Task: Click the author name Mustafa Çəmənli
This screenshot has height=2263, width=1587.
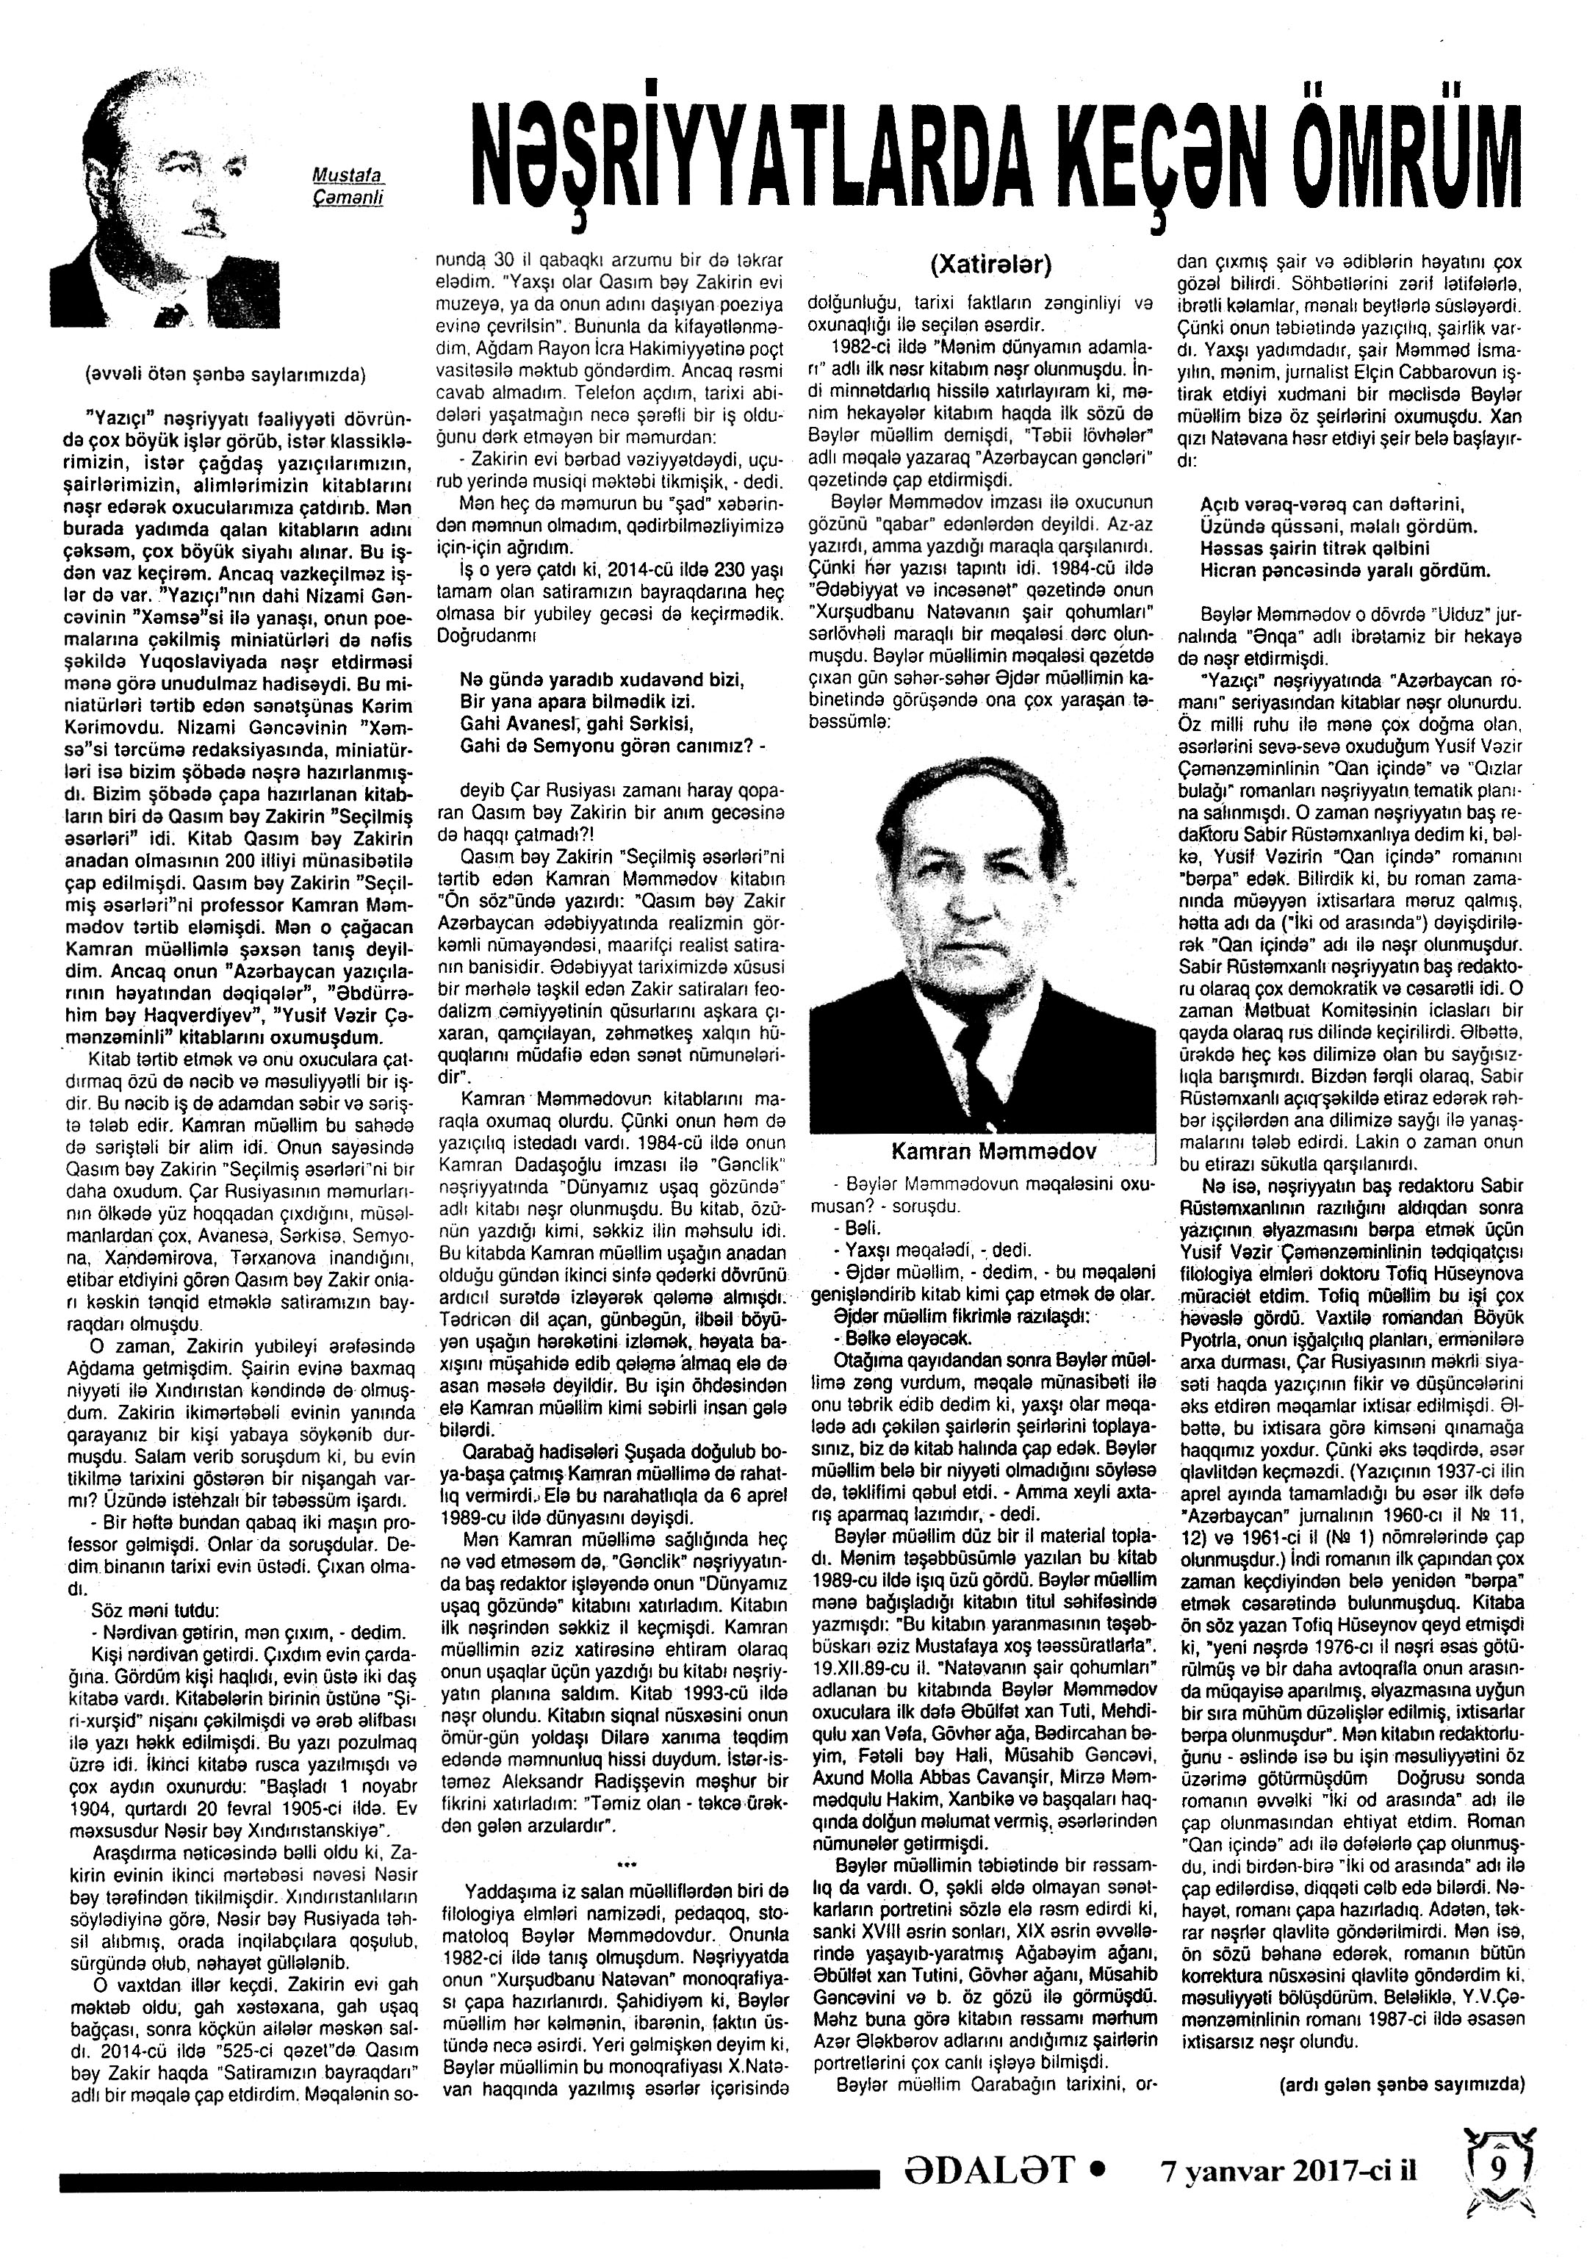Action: coord(347,184)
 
